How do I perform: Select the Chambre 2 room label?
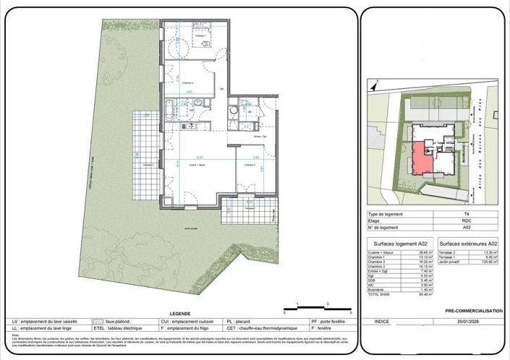(187, 82)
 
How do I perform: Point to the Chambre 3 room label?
(250, 165)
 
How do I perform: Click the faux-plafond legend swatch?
(97, 321)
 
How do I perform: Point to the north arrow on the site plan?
(374, 87)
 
